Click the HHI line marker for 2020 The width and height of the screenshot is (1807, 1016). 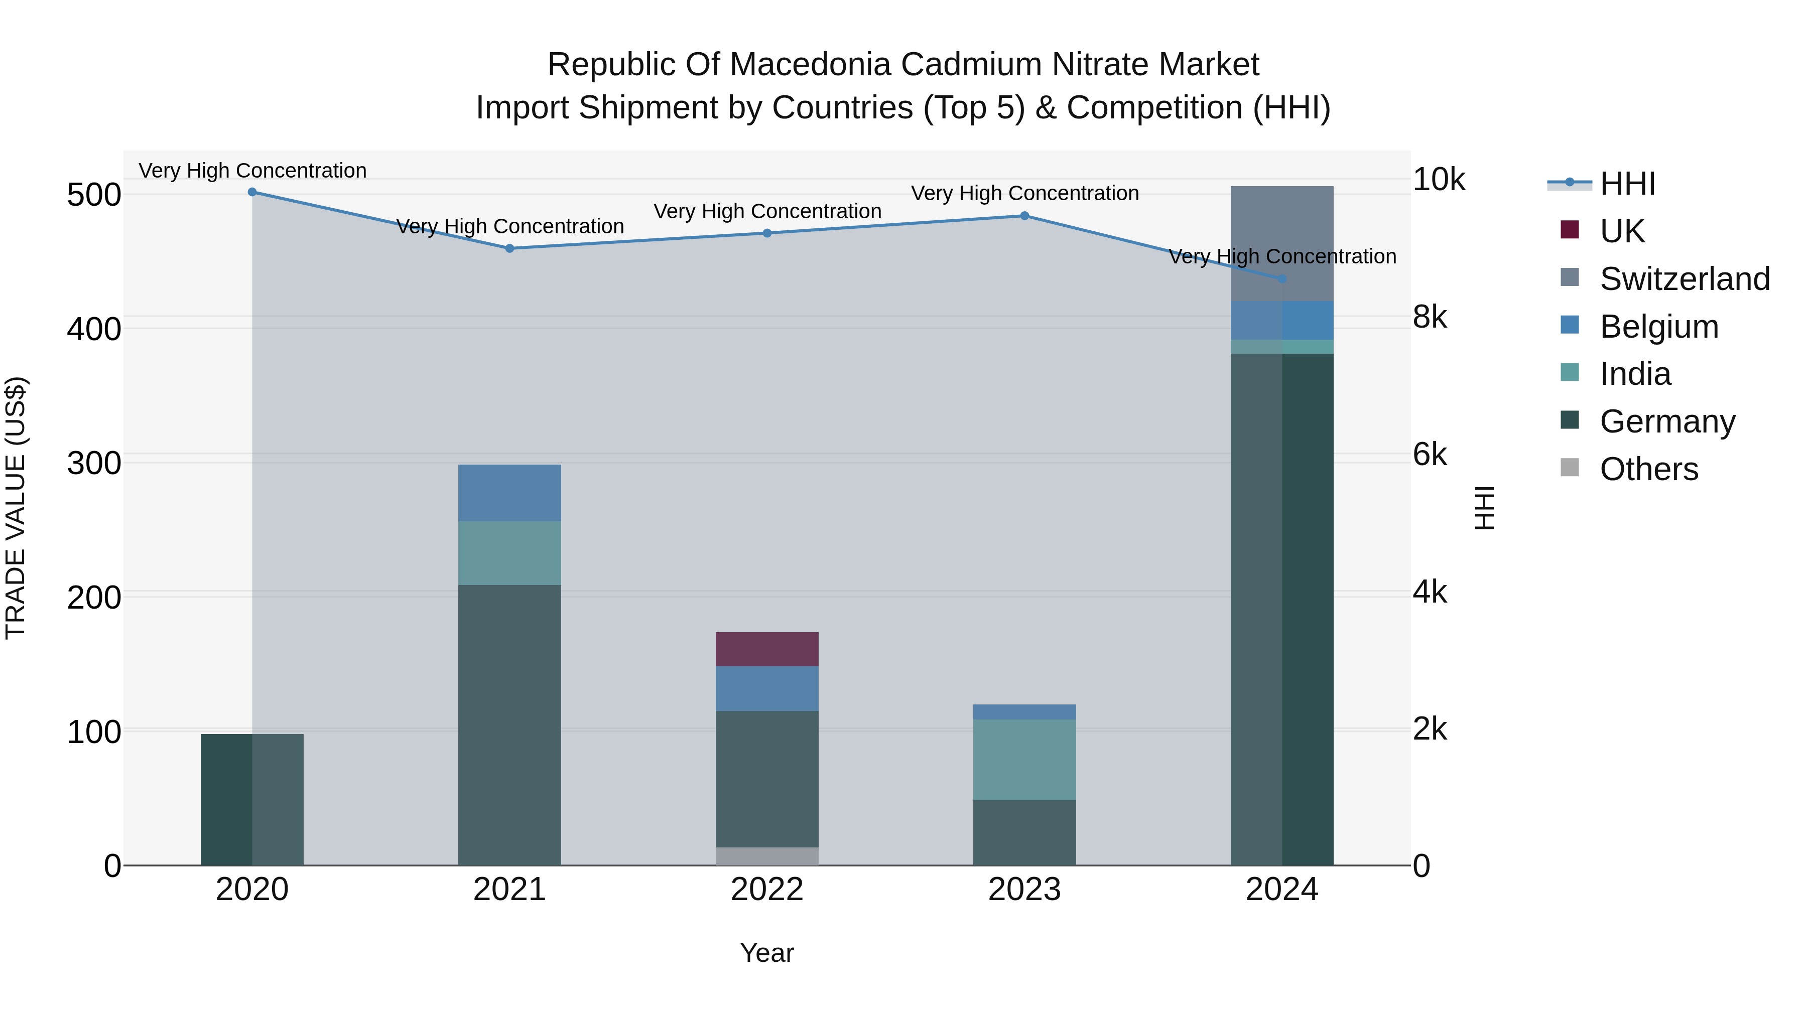[252, 192]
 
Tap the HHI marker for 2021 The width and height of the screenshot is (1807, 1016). [510, 248]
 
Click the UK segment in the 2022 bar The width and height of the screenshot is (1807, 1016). [766, 649]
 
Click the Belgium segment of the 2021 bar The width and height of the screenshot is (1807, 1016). [509, 492]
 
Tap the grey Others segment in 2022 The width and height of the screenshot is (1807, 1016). [766, 856]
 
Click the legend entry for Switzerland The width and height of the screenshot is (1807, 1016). [1684, 279]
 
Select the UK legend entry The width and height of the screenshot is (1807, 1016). [1622, 231]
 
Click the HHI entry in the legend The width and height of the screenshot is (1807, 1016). [1627, 184]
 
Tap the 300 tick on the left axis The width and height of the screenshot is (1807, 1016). [94, 464]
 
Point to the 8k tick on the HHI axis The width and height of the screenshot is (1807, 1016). [1429, 318]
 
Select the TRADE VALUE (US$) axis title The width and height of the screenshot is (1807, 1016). [16, 508]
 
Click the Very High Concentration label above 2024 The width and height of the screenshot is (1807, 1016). [1282, 256]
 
